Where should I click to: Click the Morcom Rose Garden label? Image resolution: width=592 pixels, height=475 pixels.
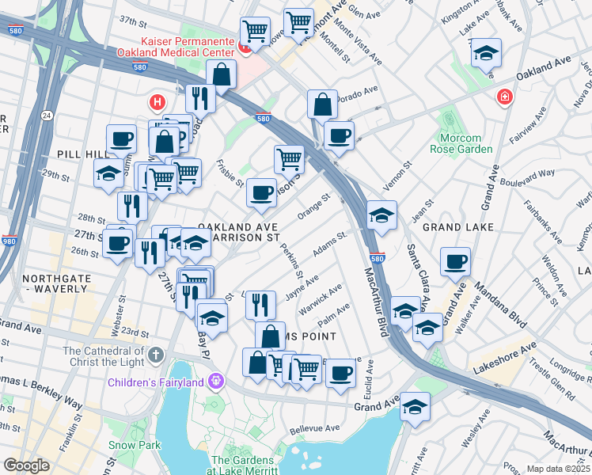pyautogui.click(x=466, y=143)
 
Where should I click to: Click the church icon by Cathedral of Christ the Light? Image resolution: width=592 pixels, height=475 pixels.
pyautogui.click(x=157, y=353)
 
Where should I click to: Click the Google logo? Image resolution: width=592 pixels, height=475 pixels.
pyautogui.click(x=26, y=465)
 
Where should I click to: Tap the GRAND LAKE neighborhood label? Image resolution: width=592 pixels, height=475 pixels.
pyautogui.click(x=458, y=227)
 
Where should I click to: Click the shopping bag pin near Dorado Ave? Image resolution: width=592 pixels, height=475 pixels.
pyautogui.click(x=322, y=104)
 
